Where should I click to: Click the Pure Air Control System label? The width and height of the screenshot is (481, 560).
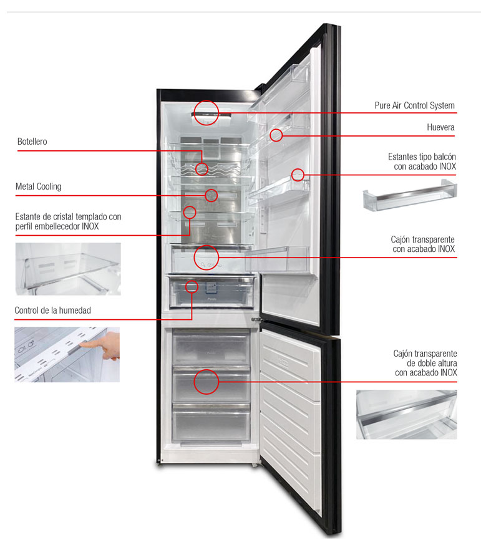click(414, 105)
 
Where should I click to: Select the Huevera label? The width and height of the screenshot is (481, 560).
click(440, 128)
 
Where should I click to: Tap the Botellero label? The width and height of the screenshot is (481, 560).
click(32, 142)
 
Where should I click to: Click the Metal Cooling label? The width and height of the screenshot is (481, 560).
click(38, 186)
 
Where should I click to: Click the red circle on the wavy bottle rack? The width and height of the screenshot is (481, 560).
click(202, 168)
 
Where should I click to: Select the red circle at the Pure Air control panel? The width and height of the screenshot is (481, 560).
click(206, 113)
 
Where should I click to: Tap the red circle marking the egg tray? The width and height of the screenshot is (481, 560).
click(276, 134)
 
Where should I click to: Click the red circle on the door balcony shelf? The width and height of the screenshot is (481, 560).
click(299, 175)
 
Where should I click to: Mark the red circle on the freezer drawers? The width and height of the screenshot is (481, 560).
click(206, 382)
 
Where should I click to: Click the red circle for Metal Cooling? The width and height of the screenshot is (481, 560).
click(211, 195)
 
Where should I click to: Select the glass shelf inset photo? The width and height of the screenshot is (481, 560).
click(68, 269)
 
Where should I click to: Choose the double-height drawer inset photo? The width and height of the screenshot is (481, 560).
click(406, 414)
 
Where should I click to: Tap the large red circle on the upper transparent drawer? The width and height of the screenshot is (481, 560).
click(206, 256)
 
